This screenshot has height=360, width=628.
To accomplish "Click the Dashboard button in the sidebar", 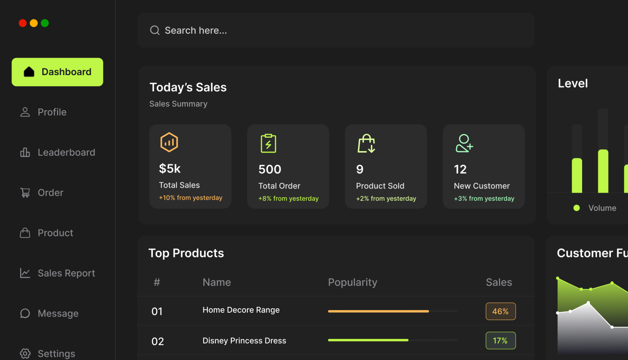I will [58, 72].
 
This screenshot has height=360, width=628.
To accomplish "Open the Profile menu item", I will [52, 112].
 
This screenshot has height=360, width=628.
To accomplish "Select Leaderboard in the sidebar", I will [66, 153].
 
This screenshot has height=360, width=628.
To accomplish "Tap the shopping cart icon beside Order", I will [25, 193].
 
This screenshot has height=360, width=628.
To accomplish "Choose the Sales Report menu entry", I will [66, 273].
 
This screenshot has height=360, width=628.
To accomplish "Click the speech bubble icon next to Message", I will [25, 314].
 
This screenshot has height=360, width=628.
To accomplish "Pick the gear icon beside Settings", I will [25, 354].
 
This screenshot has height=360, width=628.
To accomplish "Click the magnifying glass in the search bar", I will [155, 30].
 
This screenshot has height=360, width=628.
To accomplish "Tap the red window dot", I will [22, 23].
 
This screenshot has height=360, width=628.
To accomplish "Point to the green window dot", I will [45, 23].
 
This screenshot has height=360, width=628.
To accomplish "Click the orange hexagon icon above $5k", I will [169, 143].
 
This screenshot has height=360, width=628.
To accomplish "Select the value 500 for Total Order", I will [269, 169].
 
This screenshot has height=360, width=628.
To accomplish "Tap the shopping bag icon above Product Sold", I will [366, 144].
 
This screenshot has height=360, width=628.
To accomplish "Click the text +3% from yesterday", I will [484, 198].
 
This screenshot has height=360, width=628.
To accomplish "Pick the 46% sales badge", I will [500, 311].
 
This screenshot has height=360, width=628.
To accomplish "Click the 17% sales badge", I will [500, 341].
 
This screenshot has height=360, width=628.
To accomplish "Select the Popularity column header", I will [352, 282].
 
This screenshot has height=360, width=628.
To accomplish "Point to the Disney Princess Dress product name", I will [244, 341].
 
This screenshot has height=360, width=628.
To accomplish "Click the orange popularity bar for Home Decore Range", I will [378, 311].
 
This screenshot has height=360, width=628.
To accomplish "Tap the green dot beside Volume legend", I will [577, 208].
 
